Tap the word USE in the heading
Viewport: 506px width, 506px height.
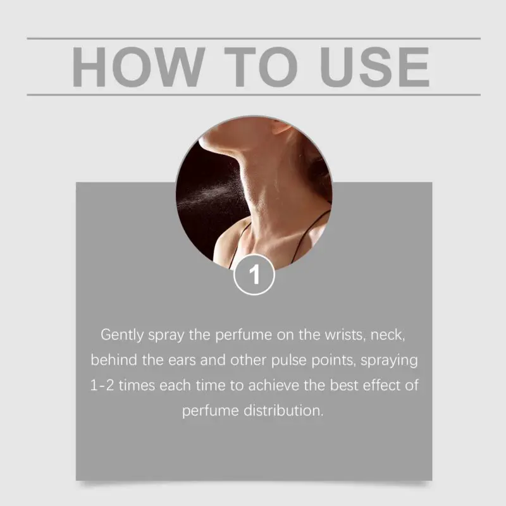pos(374,67)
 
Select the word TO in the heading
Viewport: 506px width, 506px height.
pos(261,67)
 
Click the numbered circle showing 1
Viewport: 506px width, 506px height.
pos(254,275)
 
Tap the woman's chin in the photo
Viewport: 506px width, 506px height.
pos(207,142)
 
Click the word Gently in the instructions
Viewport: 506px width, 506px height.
pos(122,335)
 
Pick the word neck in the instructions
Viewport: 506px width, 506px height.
pos(387,335)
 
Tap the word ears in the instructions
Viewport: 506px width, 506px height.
pos(182,361)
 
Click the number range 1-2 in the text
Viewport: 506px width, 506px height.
pos(102,385)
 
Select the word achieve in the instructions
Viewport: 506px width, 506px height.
pos(274,385)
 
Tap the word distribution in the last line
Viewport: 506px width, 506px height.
pos(283,410)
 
